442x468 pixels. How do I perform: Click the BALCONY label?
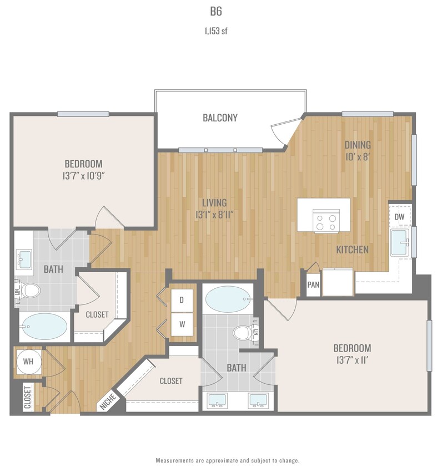click(x=220, y=118)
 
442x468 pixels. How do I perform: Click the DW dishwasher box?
click(x=399, y=217)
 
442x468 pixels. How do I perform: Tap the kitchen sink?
click(x=399, y=243)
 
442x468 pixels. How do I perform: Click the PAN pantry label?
click(x=313, y=285)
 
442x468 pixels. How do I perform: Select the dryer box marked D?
click(x=182, y=300)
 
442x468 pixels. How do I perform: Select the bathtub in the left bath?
click(x=44, y=327)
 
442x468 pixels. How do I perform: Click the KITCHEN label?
click(x=352, y=250)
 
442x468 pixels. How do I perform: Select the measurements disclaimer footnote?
click(x=227, y=460)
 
